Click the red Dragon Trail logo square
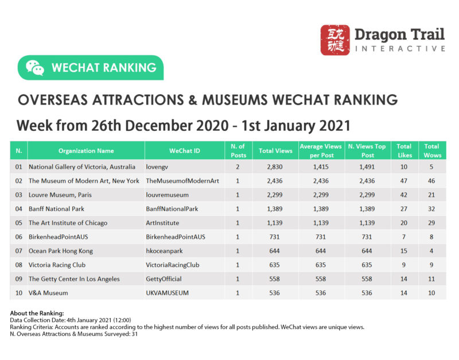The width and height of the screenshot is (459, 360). point(334,40)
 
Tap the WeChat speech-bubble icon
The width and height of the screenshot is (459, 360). point(35,67)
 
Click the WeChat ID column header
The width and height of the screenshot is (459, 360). point(185,151)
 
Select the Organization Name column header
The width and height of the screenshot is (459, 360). point(86,151)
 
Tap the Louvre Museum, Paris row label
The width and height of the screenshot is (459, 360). point(60,195)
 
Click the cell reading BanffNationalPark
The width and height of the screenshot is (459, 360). point(172,209)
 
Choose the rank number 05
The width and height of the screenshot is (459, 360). point(19,223)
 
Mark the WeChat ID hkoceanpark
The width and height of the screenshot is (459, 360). point(165,251)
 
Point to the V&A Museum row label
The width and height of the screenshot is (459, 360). point(48,293)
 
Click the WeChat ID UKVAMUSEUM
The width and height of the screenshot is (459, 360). point(168,293)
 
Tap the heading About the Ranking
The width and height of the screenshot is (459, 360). point(37,313)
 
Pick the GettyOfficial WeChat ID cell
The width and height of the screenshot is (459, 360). point(164,279)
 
